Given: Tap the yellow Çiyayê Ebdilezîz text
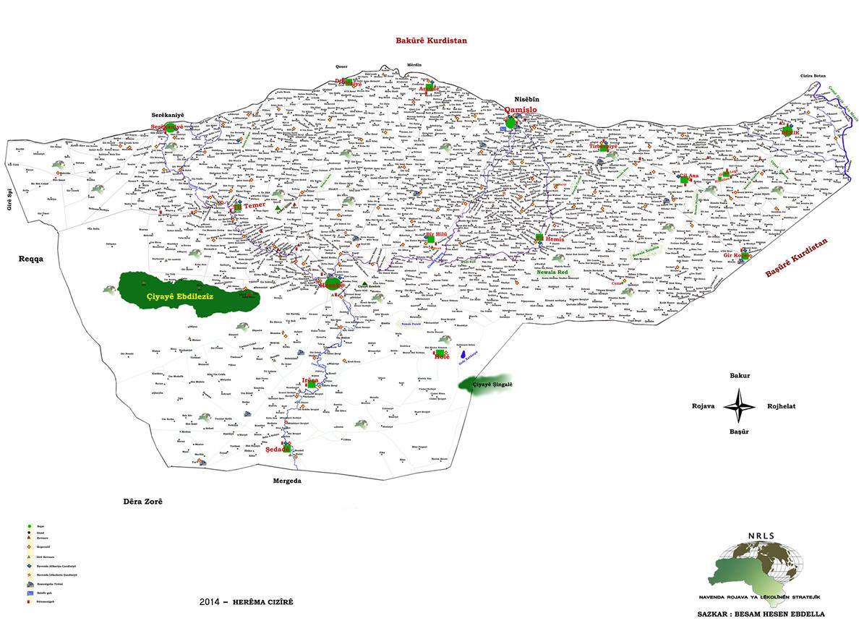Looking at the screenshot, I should coord(177,297).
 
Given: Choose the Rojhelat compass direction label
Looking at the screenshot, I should coord(781,406).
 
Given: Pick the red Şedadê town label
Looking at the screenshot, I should coord(278,449).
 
